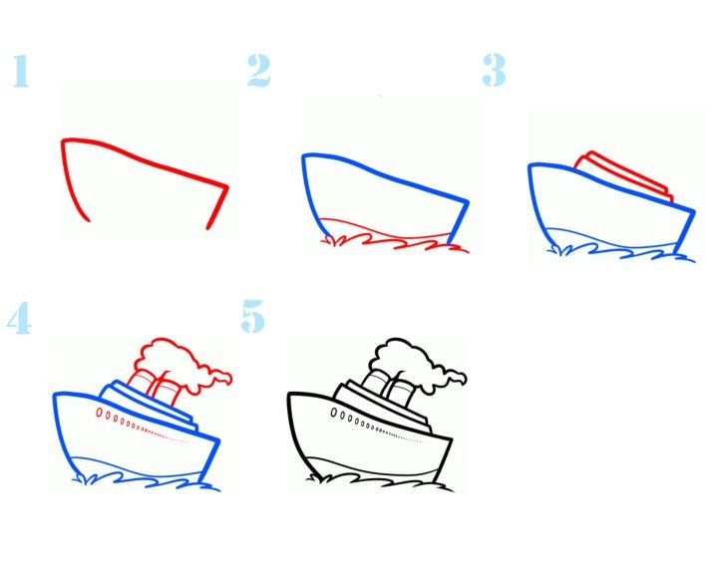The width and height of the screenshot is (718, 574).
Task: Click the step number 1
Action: tap(21, 71)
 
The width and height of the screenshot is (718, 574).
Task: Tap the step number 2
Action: tap(258, 70)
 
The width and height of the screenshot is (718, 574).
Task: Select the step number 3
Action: tap(494, 70)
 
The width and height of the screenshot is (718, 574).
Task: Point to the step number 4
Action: tap(19, 318)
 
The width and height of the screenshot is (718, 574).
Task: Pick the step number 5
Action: tap(252, 316)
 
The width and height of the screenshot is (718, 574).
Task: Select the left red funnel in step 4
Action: tap(141, 384)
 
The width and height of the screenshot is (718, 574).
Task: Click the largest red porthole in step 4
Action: tap(100, 413)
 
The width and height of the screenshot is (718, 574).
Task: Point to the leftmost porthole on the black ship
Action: tap(334, 413)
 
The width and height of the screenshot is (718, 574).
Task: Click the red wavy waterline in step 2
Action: tap(394, 236)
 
